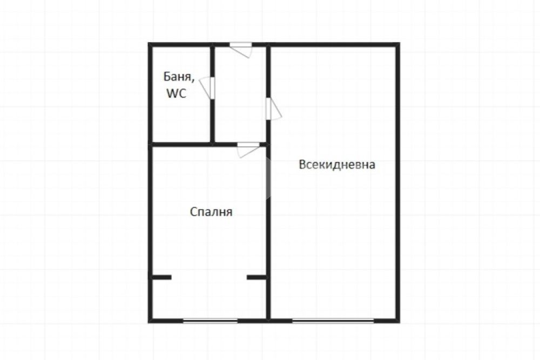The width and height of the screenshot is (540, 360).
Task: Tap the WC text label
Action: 177,93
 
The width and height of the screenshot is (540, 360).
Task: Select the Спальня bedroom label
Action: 211,212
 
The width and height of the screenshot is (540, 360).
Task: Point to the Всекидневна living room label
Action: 337,165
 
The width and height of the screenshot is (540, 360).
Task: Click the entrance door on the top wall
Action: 241,50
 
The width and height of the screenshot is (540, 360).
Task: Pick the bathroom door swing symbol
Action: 207,89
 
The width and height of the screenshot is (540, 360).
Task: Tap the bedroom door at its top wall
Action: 248,150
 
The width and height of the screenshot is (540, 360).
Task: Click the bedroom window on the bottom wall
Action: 210,321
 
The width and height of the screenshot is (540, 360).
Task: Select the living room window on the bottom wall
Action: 333,321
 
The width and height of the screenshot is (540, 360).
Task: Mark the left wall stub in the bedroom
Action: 161,277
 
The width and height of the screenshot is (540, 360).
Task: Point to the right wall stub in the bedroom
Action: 256,277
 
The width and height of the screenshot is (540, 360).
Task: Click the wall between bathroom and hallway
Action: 212,94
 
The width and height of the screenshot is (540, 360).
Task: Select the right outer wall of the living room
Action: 397,182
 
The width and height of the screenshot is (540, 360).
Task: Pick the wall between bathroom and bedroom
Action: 181,144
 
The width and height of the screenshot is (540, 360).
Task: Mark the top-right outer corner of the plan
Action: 400,43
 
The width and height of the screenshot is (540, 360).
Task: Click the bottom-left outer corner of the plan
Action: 149,322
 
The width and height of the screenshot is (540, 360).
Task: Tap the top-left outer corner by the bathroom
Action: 149,43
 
